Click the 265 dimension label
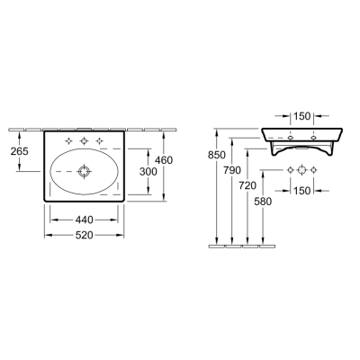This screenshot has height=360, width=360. pyautogui.click(x=20, y=151)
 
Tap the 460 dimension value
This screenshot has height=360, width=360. pyautogui.click(x=164, y=160)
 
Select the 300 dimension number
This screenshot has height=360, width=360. pyautogui.click(x=148, y=172)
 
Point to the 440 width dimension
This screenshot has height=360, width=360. pyautogui.click(x=84, y=220)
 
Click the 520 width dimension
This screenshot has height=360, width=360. pyautogui.click(x=84, y=236)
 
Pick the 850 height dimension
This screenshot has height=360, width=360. pyautogui.click(x=217, y=155)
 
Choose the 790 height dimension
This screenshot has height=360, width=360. pyautogui.click(x=232, y=170)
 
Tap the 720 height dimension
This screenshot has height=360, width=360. pyautogui.click(x=247, y=185)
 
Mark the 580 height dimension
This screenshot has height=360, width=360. pyautogui.click(x=263, y=202)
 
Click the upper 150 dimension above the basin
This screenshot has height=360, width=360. pyautogui.click(x=301, y=116)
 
